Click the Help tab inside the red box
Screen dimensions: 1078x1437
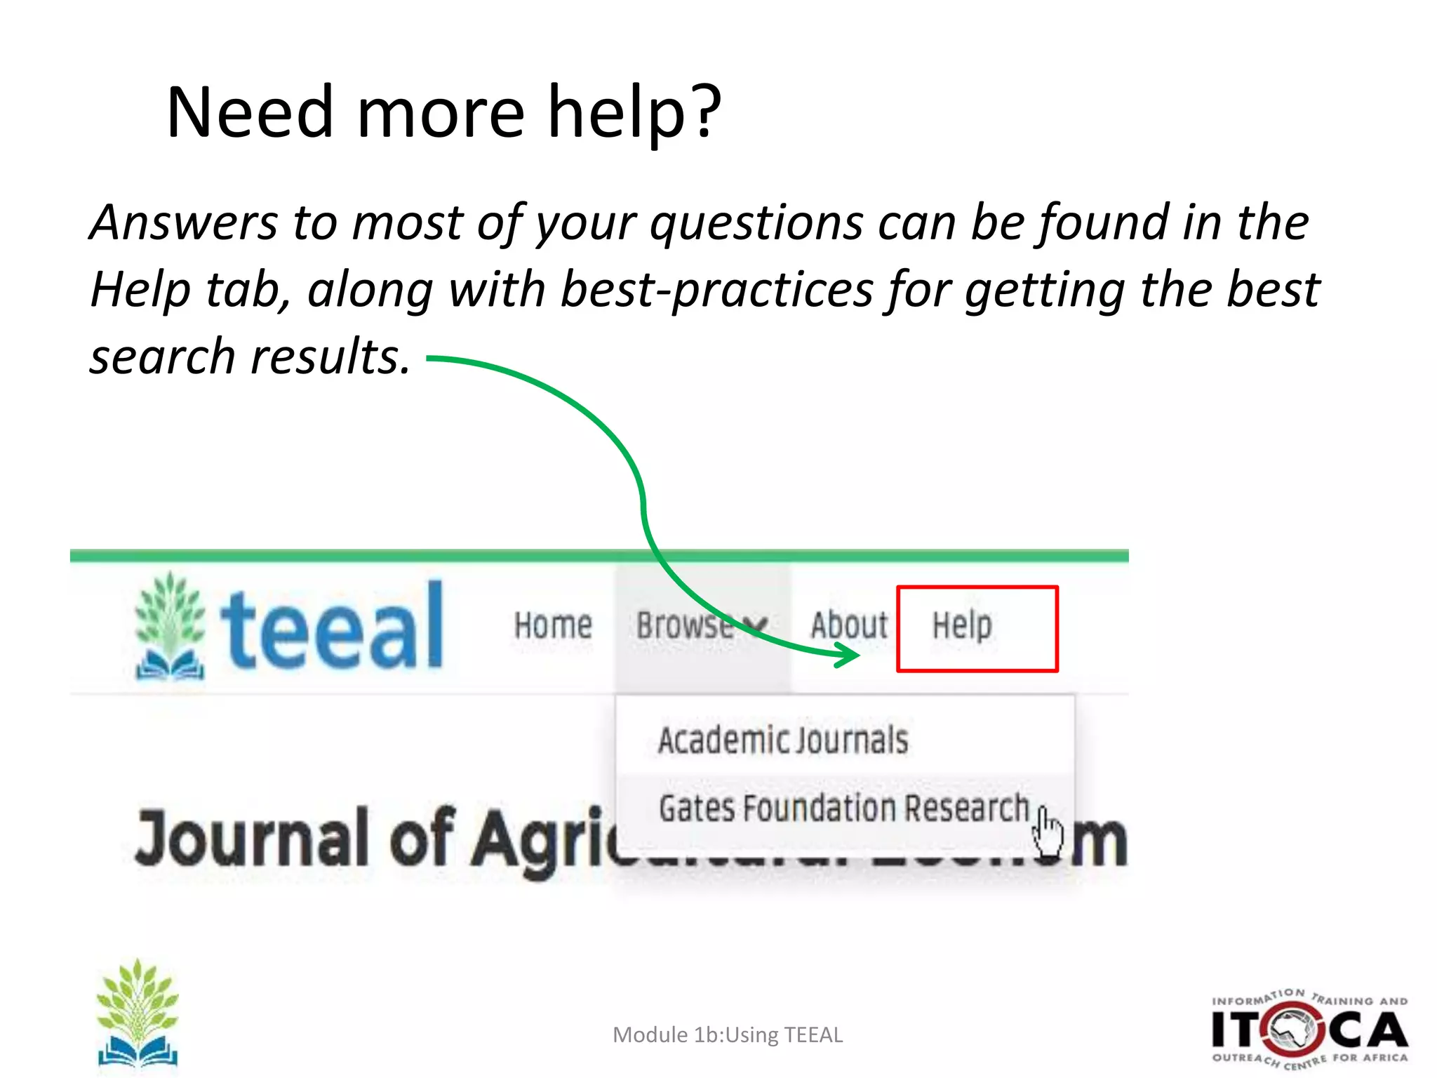tap(962, 625)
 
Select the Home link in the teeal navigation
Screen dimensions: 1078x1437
tap(553, 625)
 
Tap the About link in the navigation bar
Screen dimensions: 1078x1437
tap(849, 625)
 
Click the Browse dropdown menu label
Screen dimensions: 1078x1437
tap(684, 625)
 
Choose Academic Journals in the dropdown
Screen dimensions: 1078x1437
tap(783, 740)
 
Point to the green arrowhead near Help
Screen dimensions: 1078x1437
tap(848, 656)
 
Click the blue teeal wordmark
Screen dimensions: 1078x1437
tap(332, 627)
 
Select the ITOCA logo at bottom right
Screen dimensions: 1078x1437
tap(1309, 1030)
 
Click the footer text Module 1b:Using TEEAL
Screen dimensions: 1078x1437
tap(728, 1035)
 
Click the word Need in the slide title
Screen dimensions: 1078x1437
tap(249, 112)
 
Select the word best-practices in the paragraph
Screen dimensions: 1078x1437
tap(717, 290)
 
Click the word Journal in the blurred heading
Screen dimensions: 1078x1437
tap(251, 838)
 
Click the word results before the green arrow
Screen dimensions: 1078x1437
tap(330, 357)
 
